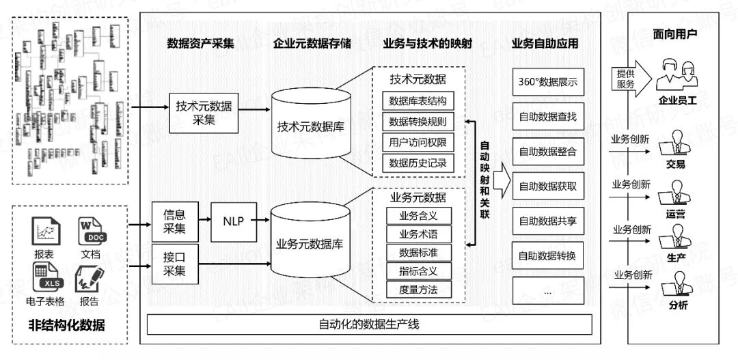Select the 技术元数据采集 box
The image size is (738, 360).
(203, 113)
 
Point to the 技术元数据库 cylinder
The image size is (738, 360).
(310, 127)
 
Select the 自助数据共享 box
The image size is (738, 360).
(547, 221)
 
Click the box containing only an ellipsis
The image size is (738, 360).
(547, 292)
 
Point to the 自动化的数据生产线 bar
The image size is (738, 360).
(369, 324)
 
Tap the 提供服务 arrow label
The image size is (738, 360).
(626, 79)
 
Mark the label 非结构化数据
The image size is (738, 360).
(66, 325)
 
